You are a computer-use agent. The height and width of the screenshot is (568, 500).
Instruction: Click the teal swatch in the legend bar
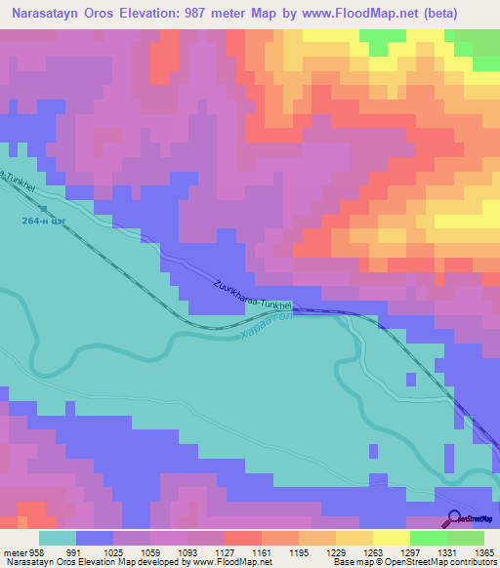coord(58,538)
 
